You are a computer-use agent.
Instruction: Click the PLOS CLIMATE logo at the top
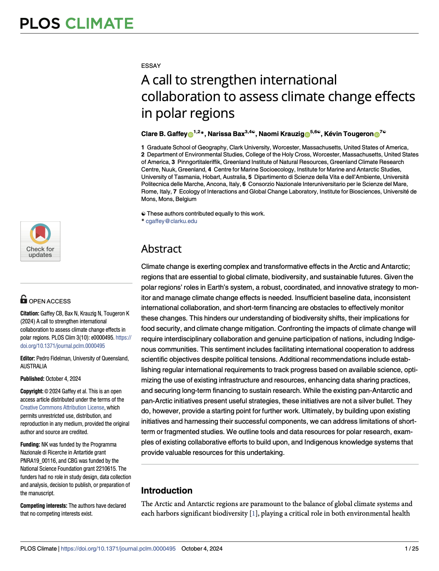77,23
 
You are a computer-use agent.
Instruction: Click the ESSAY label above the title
151,66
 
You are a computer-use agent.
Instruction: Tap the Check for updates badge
40,241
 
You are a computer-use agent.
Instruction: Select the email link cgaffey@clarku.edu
171,221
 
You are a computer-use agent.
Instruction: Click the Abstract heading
161,249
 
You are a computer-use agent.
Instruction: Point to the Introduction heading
167,490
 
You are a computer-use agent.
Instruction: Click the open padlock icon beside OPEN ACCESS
24,299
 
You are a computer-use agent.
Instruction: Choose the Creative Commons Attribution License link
62,407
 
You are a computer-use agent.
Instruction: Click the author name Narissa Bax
226,134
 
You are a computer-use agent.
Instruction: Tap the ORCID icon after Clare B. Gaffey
191,134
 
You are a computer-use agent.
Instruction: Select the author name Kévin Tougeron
349,134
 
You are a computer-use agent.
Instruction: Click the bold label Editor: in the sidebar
27,358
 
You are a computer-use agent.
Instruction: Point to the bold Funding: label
30,444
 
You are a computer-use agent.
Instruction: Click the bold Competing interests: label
44,506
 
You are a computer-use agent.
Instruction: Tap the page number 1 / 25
412,549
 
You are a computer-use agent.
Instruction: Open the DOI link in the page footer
118,549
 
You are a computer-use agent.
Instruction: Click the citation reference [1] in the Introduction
253,514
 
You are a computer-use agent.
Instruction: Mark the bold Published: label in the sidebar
32,379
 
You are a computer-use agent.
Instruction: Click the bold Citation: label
30,313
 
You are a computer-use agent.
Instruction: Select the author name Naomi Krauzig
281,134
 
